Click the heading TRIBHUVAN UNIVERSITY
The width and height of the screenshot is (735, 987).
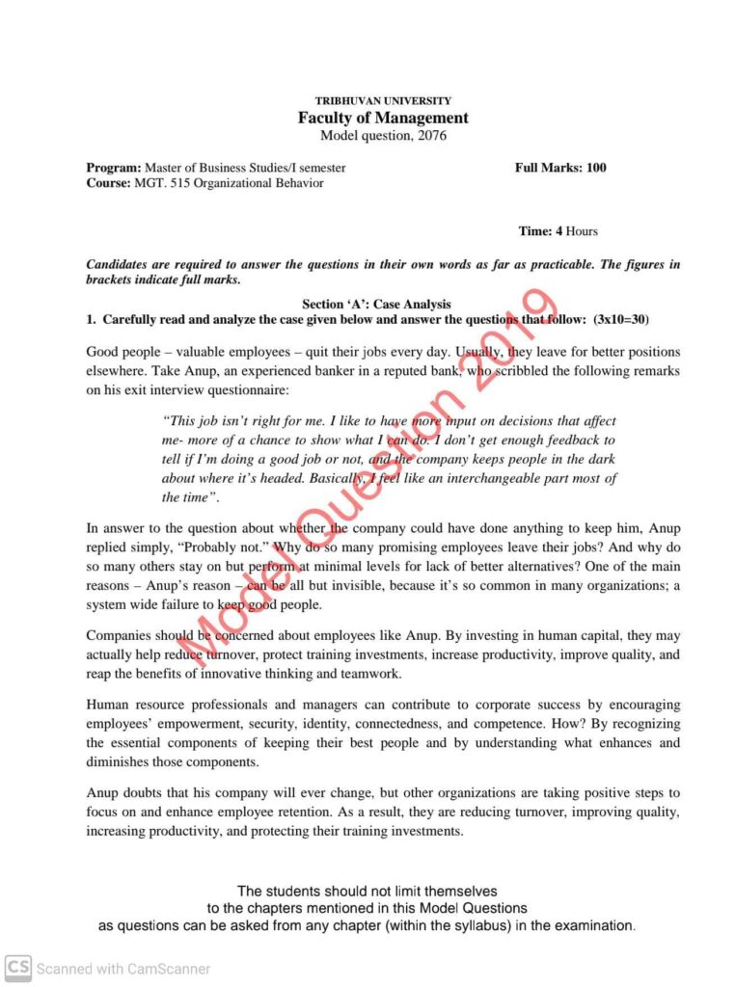tap(383, 101)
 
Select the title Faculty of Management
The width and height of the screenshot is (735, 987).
tap(383, 118)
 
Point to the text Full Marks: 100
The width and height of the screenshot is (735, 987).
tap(560, 168)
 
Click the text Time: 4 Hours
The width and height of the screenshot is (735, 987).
tap(558, 231)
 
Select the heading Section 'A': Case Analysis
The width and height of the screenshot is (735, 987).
tap(376, 304)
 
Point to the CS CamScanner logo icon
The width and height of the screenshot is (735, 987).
tap(18, 967)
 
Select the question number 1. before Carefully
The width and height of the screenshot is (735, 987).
tap(91, 318)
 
